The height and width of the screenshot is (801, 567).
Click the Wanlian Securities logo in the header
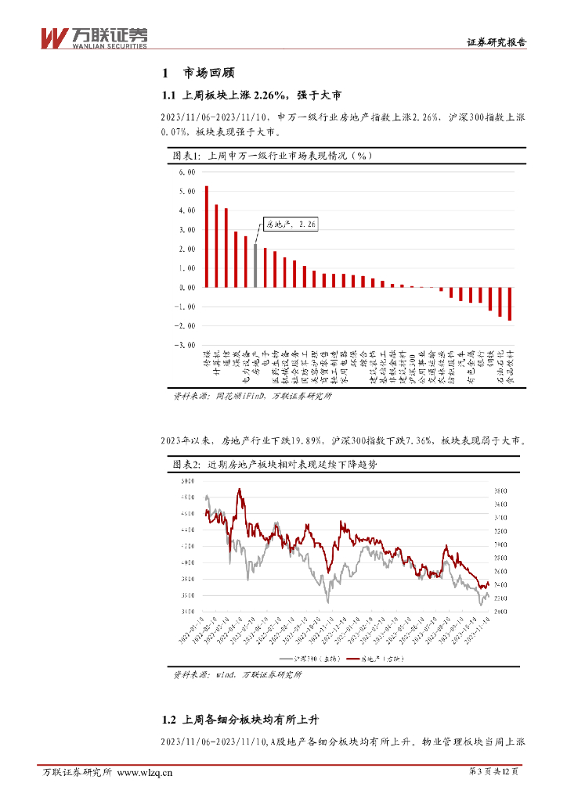[93, 36]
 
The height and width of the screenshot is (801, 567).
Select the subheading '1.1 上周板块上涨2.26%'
[251, 96]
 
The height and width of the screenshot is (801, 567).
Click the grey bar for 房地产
[255, 265]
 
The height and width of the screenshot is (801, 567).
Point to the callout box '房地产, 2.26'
[291, 224]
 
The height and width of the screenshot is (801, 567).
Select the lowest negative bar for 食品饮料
[510, 304]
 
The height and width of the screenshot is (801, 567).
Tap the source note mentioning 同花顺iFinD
[252, 397]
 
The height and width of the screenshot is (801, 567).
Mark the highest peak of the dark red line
[239, 490]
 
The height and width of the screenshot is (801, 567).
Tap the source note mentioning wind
[237, 674]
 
